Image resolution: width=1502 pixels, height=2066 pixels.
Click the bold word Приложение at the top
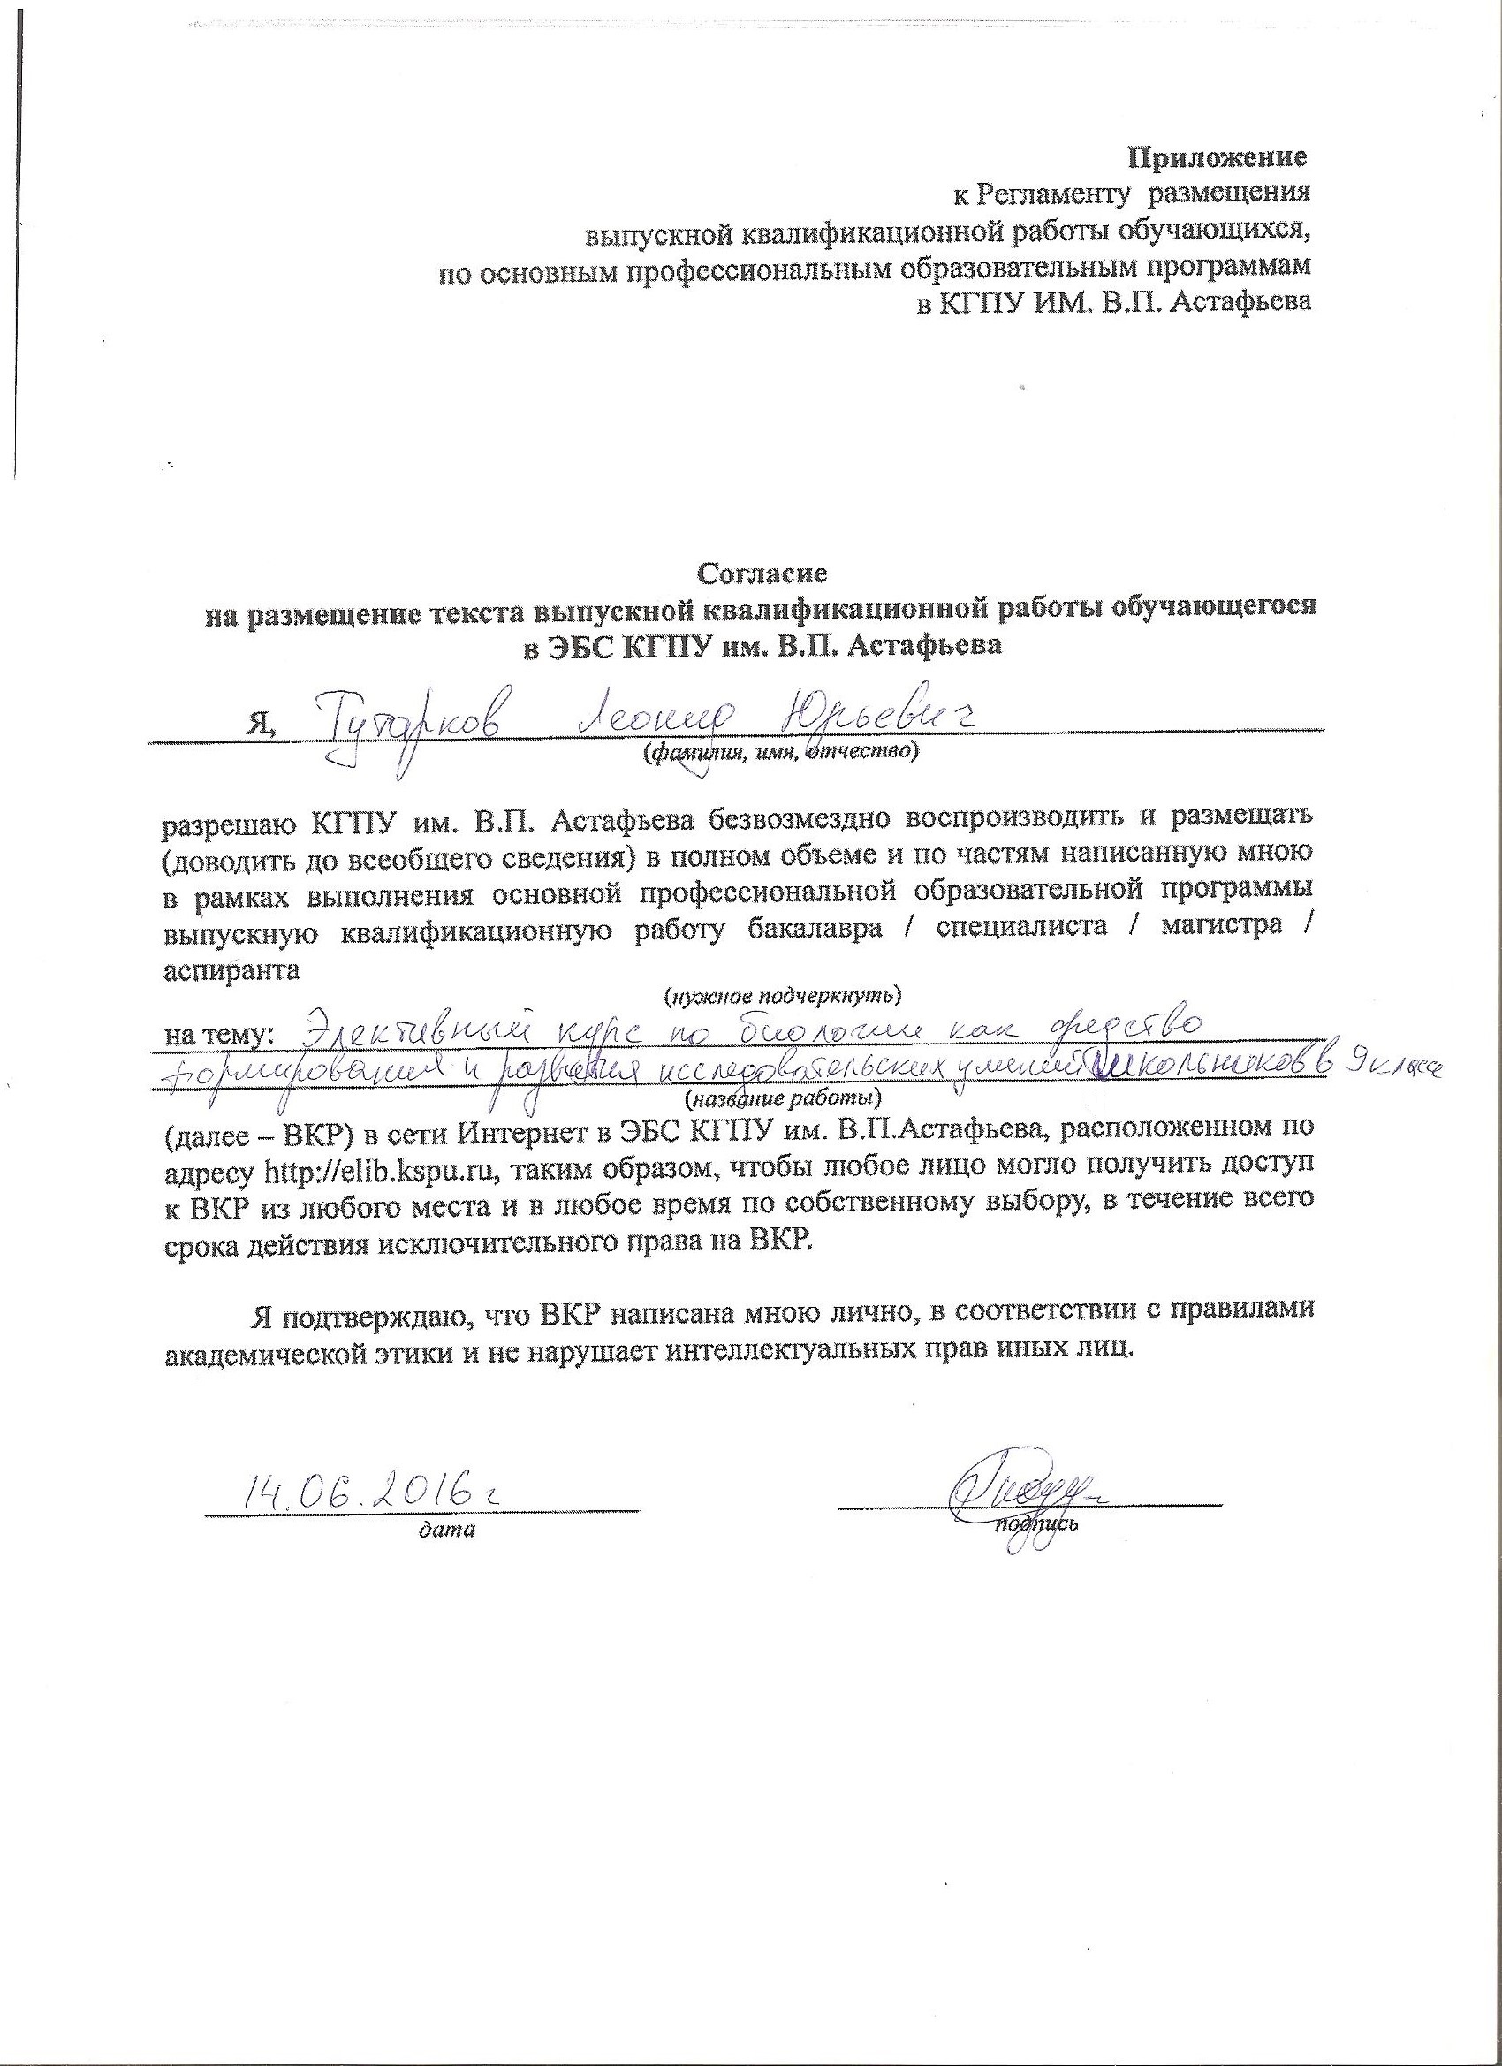coord(1218,157)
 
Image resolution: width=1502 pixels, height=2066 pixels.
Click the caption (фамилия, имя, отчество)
coord(779,752)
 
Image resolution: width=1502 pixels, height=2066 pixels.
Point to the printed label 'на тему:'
coord(217,1035)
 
